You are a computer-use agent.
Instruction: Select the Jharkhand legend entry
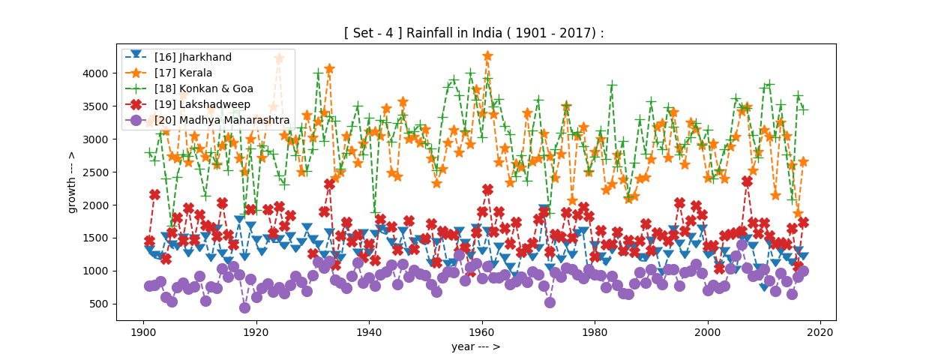tap(193, 57)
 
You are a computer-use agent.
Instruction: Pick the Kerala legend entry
tap(183, 73)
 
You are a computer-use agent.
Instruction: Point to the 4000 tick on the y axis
tap(100, 73)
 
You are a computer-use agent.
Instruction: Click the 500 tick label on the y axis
tap(103, 304)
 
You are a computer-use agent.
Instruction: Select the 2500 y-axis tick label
tap(100, 172)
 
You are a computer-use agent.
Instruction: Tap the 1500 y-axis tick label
tap(100, 238)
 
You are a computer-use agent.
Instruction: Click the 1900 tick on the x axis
tap(142, 331)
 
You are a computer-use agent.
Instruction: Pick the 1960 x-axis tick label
tap(481, 331)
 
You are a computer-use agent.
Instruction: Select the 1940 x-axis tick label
tap(368, 331)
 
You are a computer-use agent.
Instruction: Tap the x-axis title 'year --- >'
tap(475, 346)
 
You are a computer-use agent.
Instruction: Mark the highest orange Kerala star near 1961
tap(487, 56)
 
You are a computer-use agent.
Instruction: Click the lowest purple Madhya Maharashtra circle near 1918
tap(244, 307)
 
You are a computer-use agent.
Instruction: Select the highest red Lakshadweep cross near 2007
tap(747, 181)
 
